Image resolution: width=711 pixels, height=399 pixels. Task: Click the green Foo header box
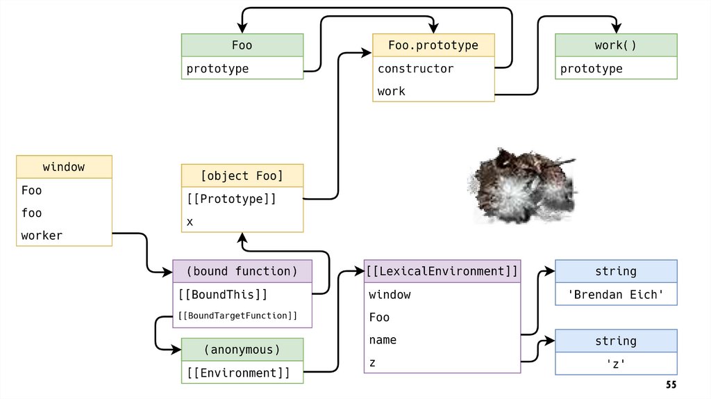point(242,45)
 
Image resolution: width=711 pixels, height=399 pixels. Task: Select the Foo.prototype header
point(433,45)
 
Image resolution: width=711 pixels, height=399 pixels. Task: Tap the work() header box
point(616,45)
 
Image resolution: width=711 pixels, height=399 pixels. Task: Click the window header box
point(64,167)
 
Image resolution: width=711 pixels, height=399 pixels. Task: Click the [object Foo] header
point(242,175)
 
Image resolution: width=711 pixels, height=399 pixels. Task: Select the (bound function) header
point(242,271)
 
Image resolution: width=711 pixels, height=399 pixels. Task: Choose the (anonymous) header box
point(242,349)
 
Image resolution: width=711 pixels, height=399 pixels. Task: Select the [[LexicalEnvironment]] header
point(442,271)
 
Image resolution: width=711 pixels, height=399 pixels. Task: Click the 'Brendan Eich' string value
point(616,294)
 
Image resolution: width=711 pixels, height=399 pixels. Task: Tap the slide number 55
point(671,384)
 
